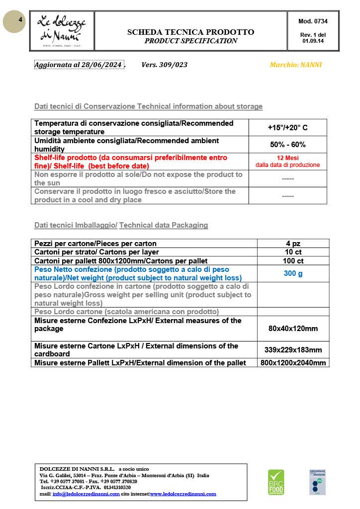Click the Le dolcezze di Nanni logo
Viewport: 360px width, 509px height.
click(63, 30)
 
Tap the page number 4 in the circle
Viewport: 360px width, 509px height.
click(20, 20)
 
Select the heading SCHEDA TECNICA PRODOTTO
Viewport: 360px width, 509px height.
click(190, 32)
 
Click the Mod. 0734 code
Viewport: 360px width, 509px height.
click(313, 21)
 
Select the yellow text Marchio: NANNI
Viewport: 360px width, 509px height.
click(295, 65)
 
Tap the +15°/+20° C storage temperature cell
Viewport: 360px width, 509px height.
click(287, 128)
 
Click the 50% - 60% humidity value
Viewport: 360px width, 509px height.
click(287, 145)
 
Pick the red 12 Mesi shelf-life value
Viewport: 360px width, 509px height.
click(287, 158)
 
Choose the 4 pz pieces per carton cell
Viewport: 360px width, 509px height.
click(293, 244)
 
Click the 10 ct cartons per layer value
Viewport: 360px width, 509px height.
click(293, 252)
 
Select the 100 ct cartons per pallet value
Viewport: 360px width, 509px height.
click(293, 260)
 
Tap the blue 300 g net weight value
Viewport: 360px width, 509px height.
click(293, 273)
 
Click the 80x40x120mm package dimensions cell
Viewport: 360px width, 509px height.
click(293, 329)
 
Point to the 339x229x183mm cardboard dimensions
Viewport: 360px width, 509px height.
click(293, 349)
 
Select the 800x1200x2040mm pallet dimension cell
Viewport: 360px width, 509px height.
click(293, 363)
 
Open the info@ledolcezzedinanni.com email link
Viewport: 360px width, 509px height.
click(86, 494)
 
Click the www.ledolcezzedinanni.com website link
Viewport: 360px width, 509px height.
click(183, 494)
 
